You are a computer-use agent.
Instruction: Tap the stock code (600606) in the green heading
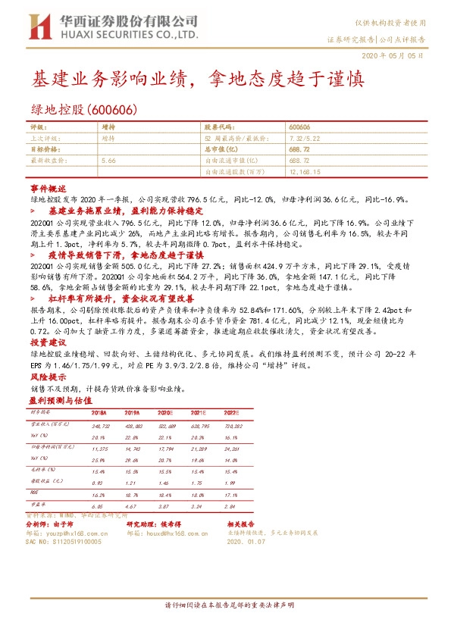tap(117, 109)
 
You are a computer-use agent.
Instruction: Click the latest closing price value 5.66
tap(108, 161)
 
